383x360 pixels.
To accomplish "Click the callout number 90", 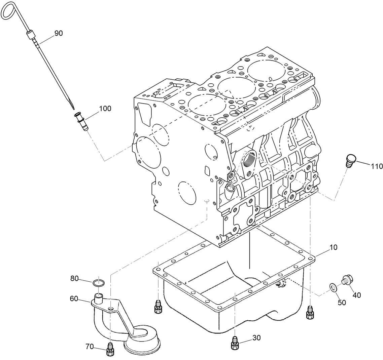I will click(59, 33).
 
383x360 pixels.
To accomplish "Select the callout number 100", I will click(105, 109).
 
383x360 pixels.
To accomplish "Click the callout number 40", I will click(356, 295).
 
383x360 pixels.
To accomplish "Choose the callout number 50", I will click(342, 303).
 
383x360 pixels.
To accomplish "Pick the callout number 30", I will click(256, 337).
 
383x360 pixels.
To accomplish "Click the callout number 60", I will click(74, 298).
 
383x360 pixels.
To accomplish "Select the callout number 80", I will click(74, 278).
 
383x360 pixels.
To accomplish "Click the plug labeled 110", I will click(350, 160).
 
